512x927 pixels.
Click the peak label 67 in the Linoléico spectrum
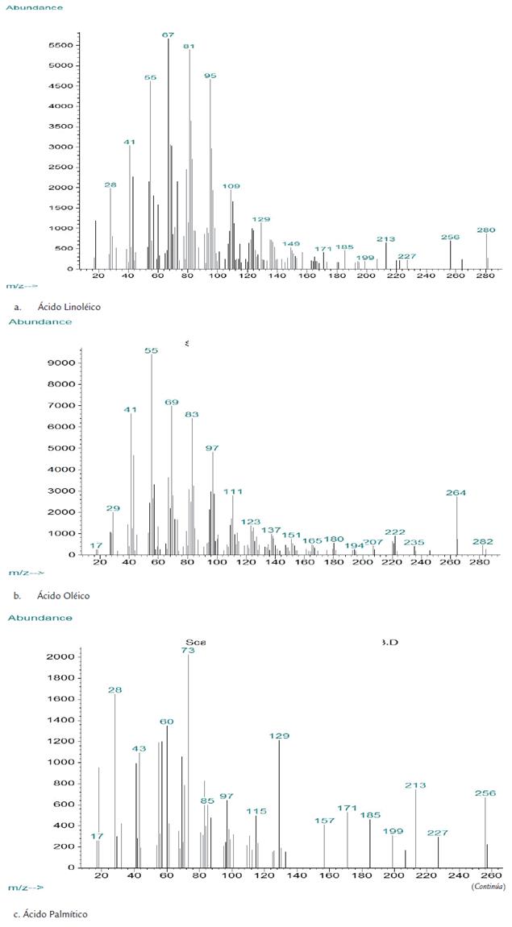pyautogui.click(x=168, y=35)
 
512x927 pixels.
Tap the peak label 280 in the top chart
pyautogui.click(x=485, y=230)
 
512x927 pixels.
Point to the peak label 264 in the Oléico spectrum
pyautogui.click(x=456, y=492)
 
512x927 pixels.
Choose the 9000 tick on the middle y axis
pyautogui.click(x=63, y=362)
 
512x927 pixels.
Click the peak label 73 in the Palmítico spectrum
pyautogui.click(x=189, y=649)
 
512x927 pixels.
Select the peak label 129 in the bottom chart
pyautogui.click(x=279, y=735)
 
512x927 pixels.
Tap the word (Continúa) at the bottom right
pyautogui.click(x=489, y=886)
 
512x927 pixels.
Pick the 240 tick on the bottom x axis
pyautogui.click(x=457, y=875)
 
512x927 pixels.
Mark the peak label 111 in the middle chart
pyautogui.click(x=233, y=491)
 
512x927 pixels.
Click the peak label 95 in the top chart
pyautogui.click(x=210, y=75)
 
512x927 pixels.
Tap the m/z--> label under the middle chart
pyautogui.click(x=27, y=573)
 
